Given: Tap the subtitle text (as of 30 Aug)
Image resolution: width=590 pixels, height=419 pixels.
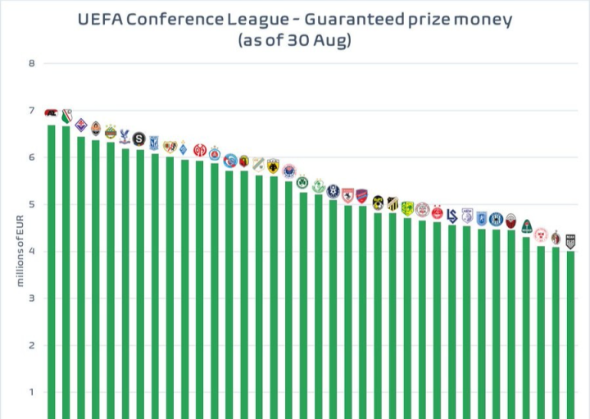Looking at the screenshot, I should [294, 40].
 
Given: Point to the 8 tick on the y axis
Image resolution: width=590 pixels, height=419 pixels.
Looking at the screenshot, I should [32, 64].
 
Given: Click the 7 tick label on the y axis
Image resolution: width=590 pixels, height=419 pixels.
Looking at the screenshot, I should [32, 111].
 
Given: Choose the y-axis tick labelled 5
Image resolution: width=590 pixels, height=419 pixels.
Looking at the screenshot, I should [32, 205].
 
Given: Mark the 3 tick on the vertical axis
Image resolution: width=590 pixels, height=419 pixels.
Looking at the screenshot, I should [32, 298].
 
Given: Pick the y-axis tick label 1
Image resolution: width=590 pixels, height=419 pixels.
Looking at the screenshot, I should [32, 392].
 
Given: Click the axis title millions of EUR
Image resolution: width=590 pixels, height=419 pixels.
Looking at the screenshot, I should [19, 250].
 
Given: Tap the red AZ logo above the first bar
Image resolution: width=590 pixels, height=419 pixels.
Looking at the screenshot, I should [51, 112].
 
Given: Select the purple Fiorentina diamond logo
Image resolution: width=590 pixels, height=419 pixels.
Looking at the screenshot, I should [80, 125].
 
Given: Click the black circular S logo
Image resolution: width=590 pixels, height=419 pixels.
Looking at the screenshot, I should [138, 139].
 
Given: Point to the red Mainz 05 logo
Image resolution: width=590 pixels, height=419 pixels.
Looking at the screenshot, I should [199, 149].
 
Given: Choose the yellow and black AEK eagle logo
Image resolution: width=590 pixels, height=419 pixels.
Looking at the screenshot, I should [273, 165].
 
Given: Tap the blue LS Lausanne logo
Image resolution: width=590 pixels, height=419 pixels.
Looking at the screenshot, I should [452, 215].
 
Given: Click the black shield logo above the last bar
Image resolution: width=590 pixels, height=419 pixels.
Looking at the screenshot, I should [570, 241].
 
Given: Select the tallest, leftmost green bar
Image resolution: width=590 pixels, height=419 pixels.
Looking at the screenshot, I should [51, 271].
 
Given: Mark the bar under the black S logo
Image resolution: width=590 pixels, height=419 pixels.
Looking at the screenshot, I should [139, 284].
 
